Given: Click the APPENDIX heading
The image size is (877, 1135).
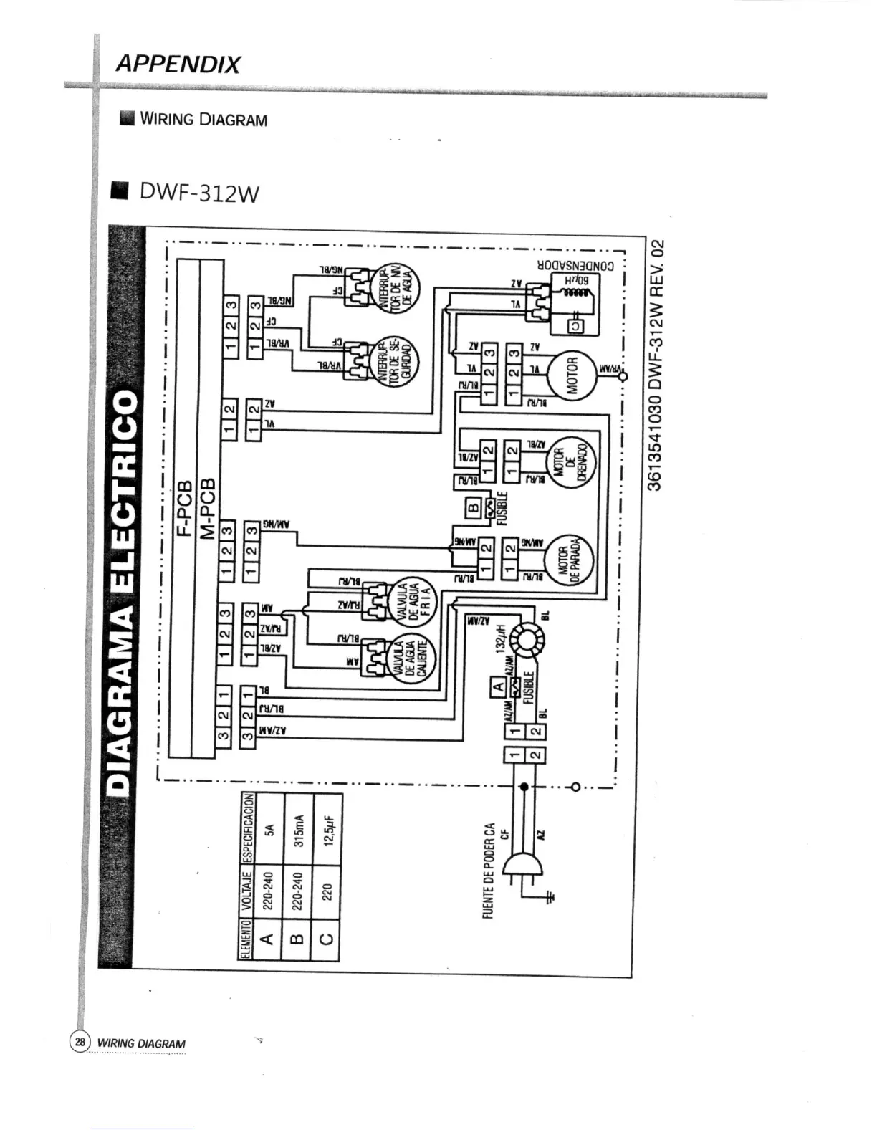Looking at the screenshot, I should point(177,64).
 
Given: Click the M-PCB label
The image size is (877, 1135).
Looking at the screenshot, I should point(209,507).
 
